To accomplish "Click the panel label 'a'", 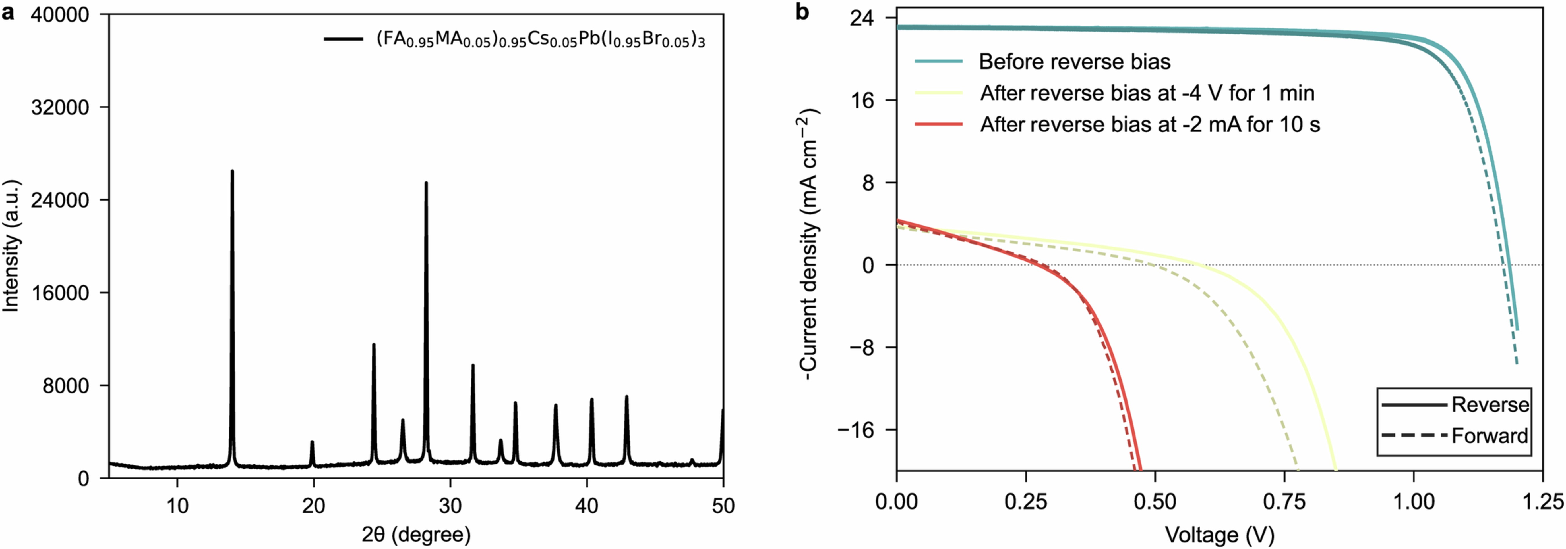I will (x=9, y=12).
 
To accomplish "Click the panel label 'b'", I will (x=802, y=12).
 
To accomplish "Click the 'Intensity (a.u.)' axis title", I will (x=11, y=246).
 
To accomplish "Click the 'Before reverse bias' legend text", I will (x=1074, y=61).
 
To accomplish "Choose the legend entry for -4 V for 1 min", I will (x=1147, y=93).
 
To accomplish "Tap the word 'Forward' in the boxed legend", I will (x=1490, y=435).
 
